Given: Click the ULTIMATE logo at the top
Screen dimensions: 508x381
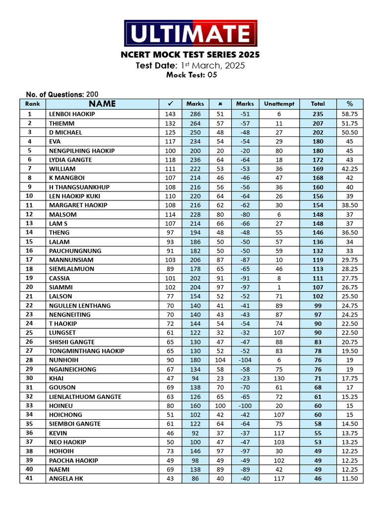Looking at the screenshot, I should (190, 33).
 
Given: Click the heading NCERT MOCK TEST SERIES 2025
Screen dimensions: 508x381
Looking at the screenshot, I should (190, 55).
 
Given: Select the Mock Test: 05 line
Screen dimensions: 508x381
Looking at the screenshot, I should (191, 75).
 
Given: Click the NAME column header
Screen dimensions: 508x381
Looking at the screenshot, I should (102, 104).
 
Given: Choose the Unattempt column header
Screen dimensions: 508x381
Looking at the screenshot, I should (279, 104).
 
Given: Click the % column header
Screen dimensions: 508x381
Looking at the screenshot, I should (350, 104).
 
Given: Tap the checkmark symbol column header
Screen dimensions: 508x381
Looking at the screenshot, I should (170, 104).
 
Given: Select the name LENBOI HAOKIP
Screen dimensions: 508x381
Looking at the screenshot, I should (72, 114).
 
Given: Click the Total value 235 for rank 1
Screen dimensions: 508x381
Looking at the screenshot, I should (318, 114).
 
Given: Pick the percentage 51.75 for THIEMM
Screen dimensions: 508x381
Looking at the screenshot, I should (350, 123).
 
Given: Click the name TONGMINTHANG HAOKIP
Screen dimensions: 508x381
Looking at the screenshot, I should (87, 351).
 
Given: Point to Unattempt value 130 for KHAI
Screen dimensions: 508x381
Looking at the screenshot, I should (279, 379).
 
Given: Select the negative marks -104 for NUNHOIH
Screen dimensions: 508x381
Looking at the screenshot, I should (245, 360).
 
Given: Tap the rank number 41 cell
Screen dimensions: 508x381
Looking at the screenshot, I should (29, 479).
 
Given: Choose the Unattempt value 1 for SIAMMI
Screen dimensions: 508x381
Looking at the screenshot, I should (279, 287).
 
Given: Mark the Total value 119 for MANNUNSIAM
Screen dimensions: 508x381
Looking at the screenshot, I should (318, 260).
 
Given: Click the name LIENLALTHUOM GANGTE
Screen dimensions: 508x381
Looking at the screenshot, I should (85, 397).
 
